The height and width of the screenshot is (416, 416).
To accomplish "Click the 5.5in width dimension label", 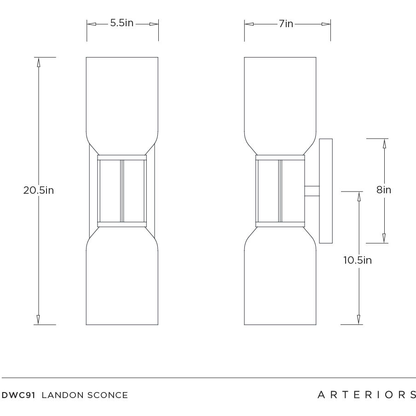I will click(x=122, y=23).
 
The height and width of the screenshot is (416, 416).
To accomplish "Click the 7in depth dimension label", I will click(x=286, y=23).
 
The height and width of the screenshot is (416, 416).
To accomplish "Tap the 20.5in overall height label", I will click(x=39, y=190).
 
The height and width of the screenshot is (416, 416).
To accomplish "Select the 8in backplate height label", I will click(x=384, y=190).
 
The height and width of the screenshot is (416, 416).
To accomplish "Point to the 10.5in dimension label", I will click(x=358, y=260).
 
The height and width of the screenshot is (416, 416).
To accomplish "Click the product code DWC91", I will click(x=19, y=395).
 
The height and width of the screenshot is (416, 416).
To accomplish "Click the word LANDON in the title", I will click(x=63, y=395).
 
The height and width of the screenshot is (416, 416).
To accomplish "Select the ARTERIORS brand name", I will click(x=367, y=394).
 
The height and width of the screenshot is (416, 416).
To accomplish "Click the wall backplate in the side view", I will click(x=326, y=191).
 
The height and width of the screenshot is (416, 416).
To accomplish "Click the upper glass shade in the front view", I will click(x=122, y=97).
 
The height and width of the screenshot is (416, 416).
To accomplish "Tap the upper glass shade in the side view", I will click(x=280, y=97).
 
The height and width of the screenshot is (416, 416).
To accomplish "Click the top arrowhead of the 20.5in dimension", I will click(x=39, y=62).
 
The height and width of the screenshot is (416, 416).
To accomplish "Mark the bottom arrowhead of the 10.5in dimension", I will click(x=358, y=320).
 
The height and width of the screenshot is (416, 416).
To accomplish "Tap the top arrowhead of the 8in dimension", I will click(x=384, y=143).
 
